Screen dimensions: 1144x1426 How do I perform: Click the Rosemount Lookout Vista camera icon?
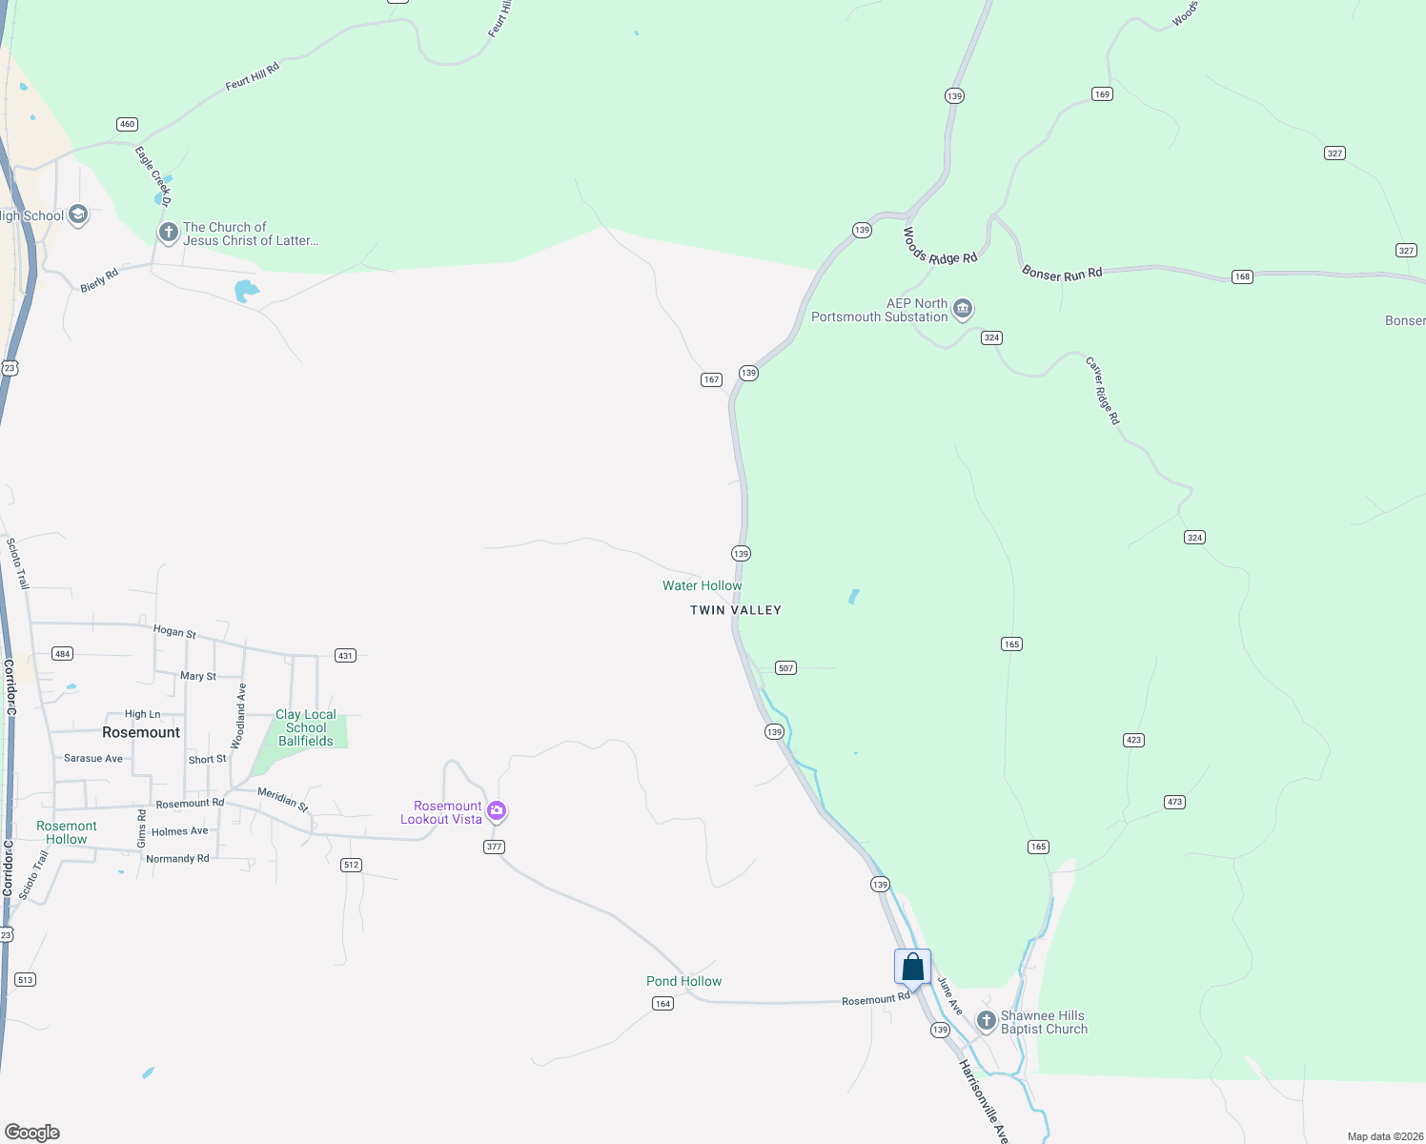tap(497, 811)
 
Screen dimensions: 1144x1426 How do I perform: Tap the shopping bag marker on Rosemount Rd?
tap(912, 968)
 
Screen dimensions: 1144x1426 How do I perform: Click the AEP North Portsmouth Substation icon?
tap(963, 308)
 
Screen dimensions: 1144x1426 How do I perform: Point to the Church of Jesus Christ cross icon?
tap(169, 233)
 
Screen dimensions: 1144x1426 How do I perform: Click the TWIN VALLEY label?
tap(735, 610)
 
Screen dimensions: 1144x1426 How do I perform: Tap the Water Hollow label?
tap(702, 585)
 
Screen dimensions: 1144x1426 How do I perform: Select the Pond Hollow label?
tap(683, 981)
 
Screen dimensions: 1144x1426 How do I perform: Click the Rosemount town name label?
tap(141, 732)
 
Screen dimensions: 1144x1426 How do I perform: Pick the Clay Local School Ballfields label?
tap(305, 727)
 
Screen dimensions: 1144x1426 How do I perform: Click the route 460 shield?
tap(127, 124)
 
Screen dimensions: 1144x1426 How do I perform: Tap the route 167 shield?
tap(711, 379)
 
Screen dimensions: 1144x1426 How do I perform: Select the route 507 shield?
tap(785, 667)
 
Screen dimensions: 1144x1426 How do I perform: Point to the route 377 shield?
tap(494, 847)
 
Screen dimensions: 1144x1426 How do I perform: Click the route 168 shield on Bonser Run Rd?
tap(1241, 276)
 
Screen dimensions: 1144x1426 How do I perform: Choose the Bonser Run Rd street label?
tap(1062, 274)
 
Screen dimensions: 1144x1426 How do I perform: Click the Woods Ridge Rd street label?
tap(940, 246)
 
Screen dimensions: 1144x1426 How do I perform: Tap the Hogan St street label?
tap(174, 631)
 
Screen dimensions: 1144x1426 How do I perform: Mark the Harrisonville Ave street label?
tap(984, 1101)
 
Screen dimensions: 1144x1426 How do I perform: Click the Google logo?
tap(32, 1133)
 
